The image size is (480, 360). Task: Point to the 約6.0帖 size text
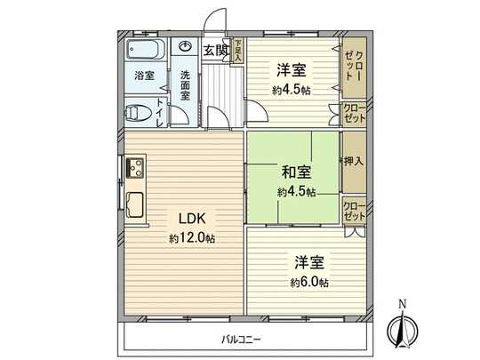[309, 282]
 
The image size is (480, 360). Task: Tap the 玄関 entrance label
[214, 51]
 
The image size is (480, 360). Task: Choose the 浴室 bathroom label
[144, 76]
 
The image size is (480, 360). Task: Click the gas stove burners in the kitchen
[135, 166]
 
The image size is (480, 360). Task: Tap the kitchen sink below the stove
[134, 203]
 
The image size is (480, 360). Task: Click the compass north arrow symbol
[402, 332]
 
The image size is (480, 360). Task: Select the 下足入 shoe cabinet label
[238, 49]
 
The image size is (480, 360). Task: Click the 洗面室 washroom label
[186, 84]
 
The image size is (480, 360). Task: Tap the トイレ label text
[160, 113]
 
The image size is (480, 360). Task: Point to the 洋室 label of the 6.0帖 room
[309, 263]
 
